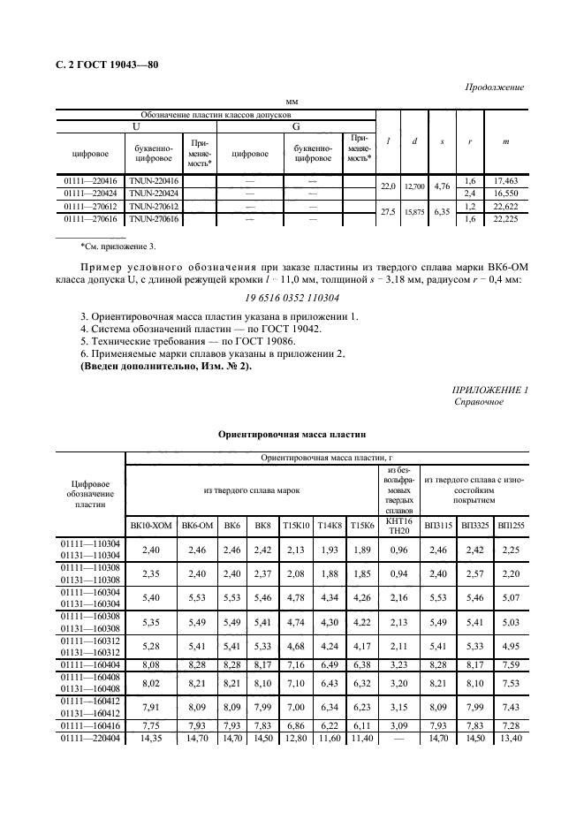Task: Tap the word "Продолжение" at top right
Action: tap(494, 87)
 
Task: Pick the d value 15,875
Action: tap(414, 212)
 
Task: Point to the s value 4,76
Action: tap(444, 186)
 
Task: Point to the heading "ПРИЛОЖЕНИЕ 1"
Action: tap(489, 390)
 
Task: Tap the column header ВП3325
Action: tap(474, 525)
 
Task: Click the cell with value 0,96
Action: tap(398, 549)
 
